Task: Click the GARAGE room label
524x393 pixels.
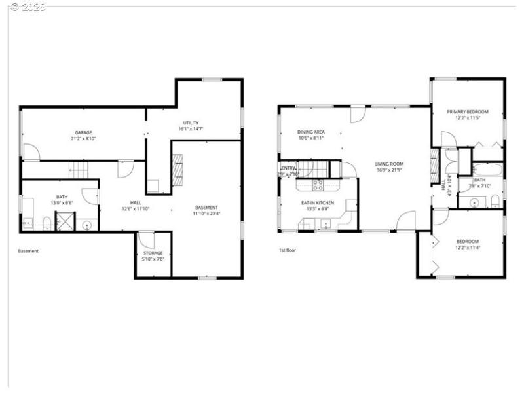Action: (83, 132)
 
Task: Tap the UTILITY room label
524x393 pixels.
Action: (191, 122)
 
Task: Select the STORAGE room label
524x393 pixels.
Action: (153, 253)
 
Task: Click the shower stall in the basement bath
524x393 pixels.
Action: (65, 222)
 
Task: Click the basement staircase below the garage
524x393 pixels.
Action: (79, 170)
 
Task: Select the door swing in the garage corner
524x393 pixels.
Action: (31, 152)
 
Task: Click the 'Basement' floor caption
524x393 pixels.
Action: (28, 251)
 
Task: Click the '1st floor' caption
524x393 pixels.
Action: (288, 250)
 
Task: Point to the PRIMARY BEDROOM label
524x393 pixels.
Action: (468, 112)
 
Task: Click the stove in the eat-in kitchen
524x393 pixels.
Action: (318, 185)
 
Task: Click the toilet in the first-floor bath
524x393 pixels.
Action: (496, 200)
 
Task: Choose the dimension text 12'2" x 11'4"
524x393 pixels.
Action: (468, 248)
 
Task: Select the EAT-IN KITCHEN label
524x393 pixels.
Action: (318, 203)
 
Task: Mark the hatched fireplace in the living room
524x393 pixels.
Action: (435, 166)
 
